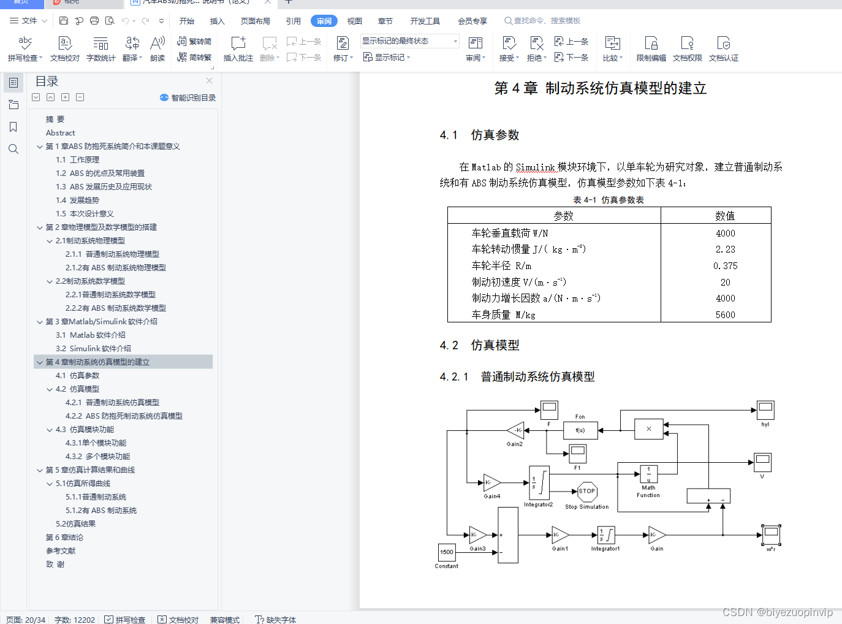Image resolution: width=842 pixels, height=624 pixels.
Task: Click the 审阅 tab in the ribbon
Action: point(324,21)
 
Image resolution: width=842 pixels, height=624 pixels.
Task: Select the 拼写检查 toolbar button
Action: point(25,48)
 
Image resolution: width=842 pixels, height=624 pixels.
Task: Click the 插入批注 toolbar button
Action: point(238,48)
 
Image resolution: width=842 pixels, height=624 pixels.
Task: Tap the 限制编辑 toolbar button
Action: point(651,48)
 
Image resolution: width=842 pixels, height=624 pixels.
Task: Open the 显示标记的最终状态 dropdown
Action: point(409,41)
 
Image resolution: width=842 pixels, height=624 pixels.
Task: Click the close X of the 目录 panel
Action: point(209,81)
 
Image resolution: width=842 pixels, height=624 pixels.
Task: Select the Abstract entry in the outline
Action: point(60,133)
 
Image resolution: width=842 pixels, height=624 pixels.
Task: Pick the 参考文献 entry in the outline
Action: point(60,551)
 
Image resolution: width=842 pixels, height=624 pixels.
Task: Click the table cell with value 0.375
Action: point(725,266)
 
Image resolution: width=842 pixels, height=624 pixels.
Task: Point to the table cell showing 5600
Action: point(725,315)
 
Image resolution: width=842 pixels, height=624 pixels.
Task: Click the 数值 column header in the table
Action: point(725,216)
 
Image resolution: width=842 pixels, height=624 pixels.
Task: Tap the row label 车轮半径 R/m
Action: point(501,266)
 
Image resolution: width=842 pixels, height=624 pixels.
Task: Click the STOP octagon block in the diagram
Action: point(587,491)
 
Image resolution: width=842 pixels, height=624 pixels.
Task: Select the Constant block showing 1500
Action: point(447,552)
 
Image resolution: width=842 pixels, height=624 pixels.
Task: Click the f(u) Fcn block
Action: point(580,430)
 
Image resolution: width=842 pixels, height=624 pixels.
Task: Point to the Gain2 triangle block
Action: point(516,430)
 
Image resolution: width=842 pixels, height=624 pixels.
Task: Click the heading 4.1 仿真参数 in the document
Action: point(479,135)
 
